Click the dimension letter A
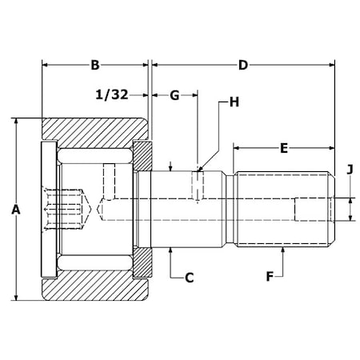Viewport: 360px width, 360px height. tap(16, 210)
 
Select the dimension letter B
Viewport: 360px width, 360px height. tap(95, 65)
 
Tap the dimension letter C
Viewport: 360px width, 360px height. tap(189, 278)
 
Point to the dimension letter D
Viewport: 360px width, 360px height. tap(243, 65)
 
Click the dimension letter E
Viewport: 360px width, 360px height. tap(284, 148)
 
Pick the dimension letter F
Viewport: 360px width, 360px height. tap(270, 277)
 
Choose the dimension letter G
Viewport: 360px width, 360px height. tap(174, 95)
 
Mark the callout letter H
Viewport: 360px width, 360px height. tap(234, 102)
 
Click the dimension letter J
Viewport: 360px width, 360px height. tap(350, 170)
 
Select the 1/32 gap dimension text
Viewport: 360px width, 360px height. tap(112, 94)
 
